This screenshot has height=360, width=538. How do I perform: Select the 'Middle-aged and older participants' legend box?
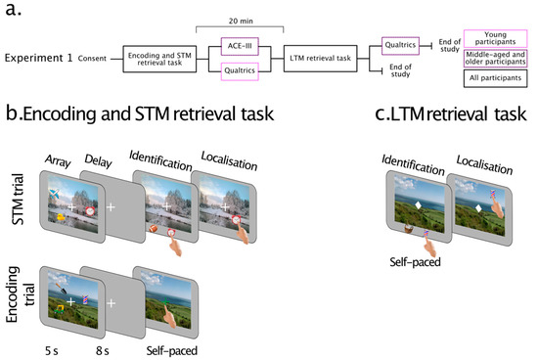[x=502, y=59]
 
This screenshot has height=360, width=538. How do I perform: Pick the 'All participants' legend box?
[x=502, y=86]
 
